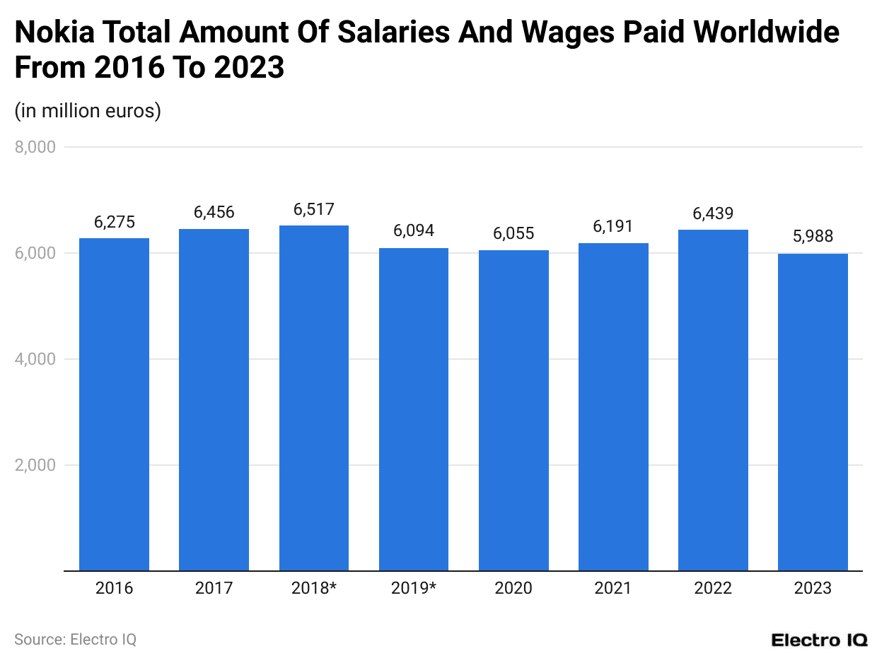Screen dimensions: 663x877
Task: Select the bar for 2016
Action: point(114,404)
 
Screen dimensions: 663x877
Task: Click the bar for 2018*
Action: point(314,398)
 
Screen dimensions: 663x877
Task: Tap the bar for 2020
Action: point(513,410)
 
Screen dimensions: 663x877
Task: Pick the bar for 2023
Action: point(813,412)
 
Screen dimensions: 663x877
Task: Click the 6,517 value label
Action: point(314,209)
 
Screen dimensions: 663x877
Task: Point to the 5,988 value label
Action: point(813,237)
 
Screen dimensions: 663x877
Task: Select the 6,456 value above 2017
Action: point(214,212)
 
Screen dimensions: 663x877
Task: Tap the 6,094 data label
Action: point(414,230)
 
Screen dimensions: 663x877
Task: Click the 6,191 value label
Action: point(613,226)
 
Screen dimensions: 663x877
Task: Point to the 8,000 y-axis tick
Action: point(35,147)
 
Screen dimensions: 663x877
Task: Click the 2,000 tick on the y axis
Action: point(35,465)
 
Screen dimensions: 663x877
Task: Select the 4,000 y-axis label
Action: point(35,359)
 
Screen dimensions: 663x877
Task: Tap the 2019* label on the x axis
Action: point(414,588)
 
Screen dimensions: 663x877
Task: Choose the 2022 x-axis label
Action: point(713,588)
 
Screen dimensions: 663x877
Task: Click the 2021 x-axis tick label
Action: point(613,588)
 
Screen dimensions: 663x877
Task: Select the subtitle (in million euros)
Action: point(88,111)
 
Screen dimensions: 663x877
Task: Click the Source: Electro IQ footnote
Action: point(75,640)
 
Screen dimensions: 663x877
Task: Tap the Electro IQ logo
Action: point(819,640)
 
